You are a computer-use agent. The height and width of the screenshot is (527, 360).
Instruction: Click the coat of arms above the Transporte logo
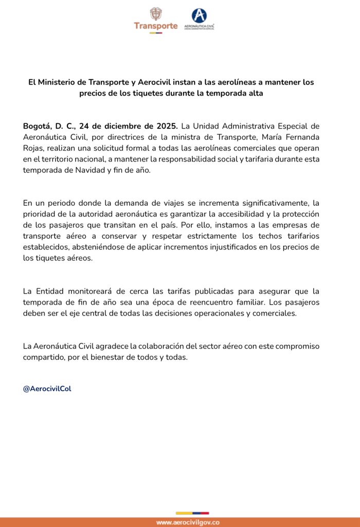pos(155,14)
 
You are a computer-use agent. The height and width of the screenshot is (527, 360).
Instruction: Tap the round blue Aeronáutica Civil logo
pos(199,15)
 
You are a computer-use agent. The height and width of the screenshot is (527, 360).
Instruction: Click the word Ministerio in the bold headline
pos(59,82)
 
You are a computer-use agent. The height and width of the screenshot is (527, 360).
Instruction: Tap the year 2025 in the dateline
pos(165,126)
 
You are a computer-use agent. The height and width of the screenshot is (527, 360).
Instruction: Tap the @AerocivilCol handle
pos(47,389)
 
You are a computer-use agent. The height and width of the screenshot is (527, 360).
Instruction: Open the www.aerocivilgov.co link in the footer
pos(188,522)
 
